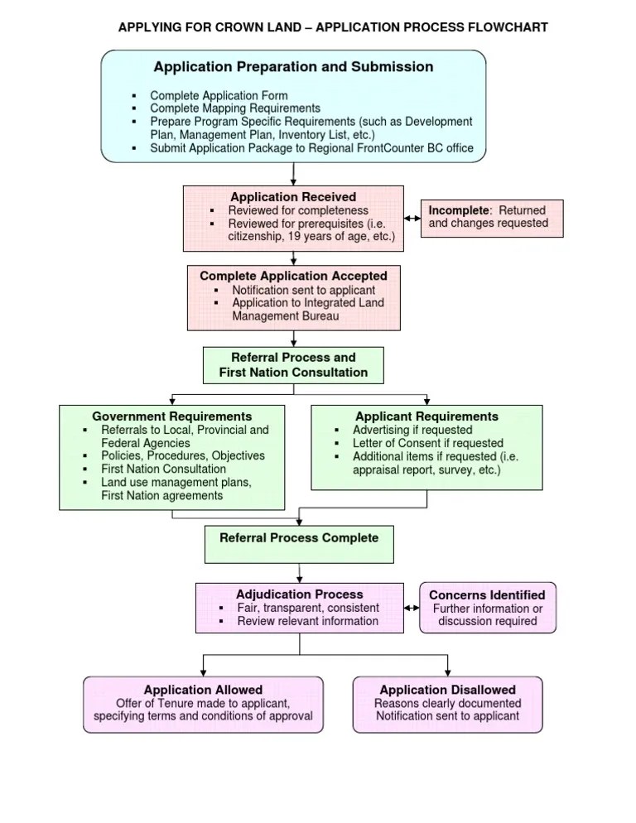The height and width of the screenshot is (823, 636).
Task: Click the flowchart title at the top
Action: pos(333,27)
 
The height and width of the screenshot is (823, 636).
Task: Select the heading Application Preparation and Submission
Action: pos(293,67)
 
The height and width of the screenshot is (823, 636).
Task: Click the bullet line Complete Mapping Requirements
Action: pos(234,108)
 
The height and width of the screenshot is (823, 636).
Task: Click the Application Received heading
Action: pos(293,197)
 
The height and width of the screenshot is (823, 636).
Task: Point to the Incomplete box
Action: pos(491,218)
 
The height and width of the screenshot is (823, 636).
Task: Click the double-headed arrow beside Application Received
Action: pos(412,219)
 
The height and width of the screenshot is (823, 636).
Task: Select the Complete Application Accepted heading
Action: pos(293,276)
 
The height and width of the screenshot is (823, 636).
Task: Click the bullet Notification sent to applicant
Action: pos(303,291)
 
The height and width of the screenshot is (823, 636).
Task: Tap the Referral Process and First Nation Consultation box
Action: pos(293,365)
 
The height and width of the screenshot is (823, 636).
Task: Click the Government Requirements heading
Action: pos(172,416)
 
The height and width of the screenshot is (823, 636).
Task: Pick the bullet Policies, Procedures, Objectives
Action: pos(183,456)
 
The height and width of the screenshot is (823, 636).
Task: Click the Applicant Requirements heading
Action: pos(426,416)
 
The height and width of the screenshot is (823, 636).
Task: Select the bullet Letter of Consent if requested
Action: pos(427,443)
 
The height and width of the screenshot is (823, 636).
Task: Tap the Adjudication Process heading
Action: pos(299,594)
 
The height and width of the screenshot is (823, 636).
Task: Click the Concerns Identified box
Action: pos(488,608)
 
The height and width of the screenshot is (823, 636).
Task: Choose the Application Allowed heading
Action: pos(203,690)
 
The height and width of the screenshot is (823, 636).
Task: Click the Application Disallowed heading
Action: pos(447,690)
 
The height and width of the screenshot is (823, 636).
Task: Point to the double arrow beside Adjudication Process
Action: pos(411,609)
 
